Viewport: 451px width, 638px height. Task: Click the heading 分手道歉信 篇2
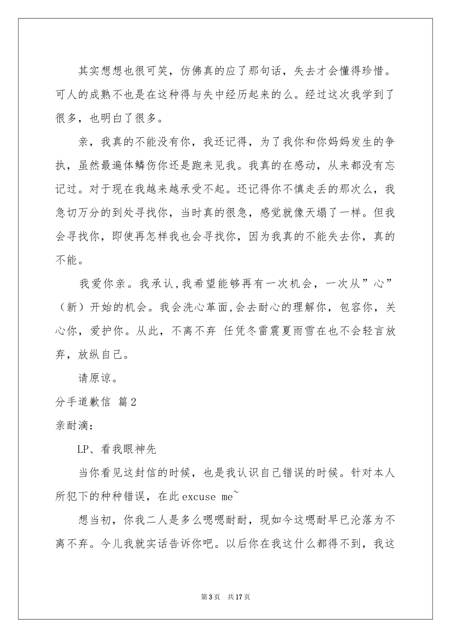(96, 402)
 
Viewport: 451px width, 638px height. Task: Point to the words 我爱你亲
(102, 284)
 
